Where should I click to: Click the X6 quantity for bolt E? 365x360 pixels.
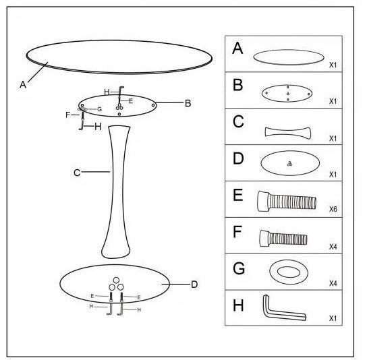(x=333, y=209)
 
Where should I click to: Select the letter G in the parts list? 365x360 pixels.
(x=239, y=268)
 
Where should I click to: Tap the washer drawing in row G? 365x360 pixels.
(x=289, y=272)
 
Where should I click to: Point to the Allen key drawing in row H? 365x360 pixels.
(x=285, y=308)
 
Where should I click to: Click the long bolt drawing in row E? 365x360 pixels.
(x=287, y=202)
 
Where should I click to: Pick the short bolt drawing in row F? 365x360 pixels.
(x=283, y=239)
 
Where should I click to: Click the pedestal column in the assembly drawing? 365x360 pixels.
(x=116, y=192)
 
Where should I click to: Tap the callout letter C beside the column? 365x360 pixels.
(x=77, y=173)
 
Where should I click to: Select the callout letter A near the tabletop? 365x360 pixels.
(x=23, y=84)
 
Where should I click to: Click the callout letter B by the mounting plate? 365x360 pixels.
(x=188, y=103)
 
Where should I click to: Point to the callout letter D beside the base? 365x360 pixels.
(x=194, y=284)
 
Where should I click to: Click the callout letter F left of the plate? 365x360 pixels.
(x=67, y=115)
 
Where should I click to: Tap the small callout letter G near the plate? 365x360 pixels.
(x=99, y=109)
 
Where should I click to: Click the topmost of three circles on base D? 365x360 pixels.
(x=116, y=280)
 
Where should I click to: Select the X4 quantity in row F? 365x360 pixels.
(x=333, y=247)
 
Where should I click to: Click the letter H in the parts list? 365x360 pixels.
(x=238, y=305)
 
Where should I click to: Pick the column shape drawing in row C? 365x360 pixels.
(x=288, y=133)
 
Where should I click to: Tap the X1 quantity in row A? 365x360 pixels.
(x=333, y=65)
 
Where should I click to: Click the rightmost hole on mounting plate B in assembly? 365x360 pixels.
(x=153, y=105)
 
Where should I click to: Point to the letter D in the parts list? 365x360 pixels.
(x=238, y=158)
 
